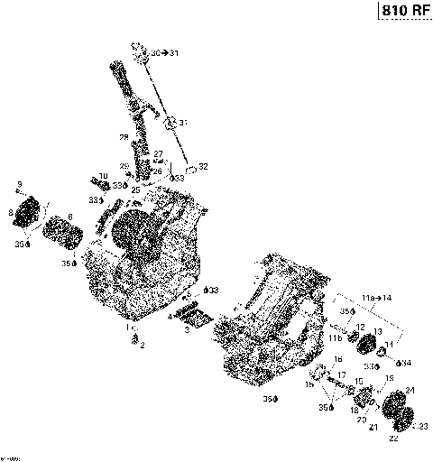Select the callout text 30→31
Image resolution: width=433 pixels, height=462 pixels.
click(164, 54)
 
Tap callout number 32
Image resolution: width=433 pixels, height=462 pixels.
click(203, 166)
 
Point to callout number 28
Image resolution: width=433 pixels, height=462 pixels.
click(124, 137)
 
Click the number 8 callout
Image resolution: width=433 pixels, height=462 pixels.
click(11, 214)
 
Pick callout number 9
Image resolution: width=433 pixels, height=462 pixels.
click(19, 185)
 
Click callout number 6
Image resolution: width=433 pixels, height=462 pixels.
click(70, 217)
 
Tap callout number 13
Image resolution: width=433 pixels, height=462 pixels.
click(378, 331)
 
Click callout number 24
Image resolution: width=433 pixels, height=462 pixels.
click(410, 390)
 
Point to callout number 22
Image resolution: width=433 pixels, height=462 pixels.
click(392, 439)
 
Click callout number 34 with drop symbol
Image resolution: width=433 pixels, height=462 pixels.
click(405, 363)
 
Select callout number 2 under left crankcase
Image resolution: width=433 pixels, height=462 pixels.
click(141, 346)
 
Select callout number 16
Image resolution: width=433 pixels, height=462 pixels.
click(338, 359)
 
